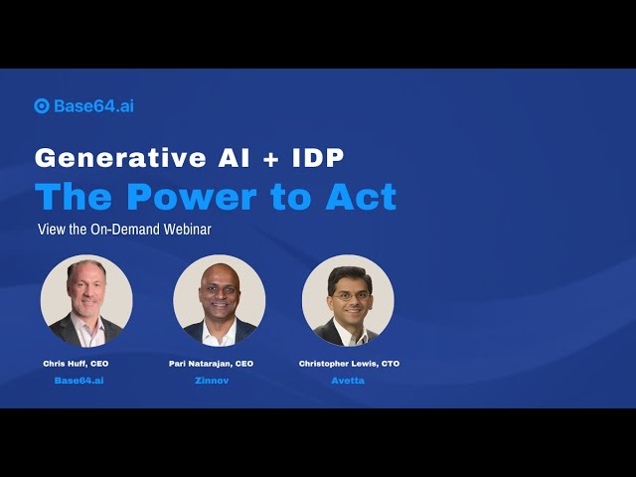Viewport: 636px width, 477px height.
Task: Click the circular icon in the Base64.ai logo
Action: pyautogui.click(x=42, y=106)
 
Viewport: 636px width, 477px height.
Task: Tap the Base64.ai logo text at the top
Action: pyautogui.click(x=93, y=106)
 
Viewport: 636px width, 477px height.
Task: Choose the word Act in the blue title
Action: pyautogui.click(x=361, y=197)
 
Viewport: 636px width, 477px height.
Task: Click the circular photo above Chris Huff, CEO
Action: pyautogui.click(x=86, y=301)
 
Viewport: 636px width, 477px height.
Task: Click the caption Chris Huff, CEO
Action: pyautogui.click(x=76, y=364)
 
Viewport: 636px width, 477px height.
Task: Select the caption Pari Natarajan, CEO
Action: pyautogui.click(x=211, y=364)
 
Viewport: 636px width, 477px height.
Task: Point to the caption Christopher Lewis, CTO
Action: pyautogui.click(x=349, y=364)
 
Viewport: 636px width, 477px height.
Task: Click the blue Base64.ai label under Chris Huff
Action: pyautogui.click(x=79, y=381)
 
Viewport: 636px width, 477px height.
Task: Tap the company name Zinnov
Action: pyautogui.click(x=212, y=381)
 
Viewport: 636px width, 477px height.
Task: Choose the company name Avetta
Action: pyautogui.click(x=348, y=381)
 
